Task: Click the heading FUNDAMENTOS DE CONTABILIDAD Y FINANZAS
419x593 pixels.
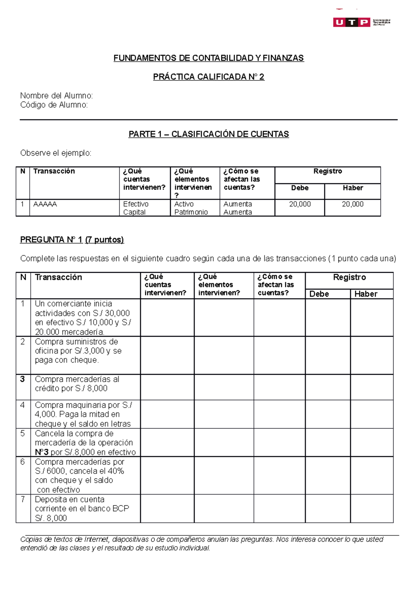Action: (x=208, y=58)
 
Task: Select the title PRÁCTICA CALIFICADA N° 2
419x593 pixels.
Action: (x=208, y=77)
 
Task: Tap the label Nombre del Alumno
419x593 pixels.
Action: (x=57, y=95)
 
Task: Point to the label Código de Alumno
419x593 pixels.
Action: (x=54, y=105)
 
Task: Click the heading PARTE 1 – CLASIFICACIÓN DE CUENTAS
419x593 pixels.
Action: (x=208, y=134)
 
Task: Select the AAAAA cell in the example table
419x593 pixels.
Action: (x=45, y=204)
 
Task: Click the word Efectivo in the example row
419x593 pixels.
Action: (x=136, y=204)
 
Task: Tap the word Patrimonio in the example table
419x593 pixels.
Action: (x=191, y=212)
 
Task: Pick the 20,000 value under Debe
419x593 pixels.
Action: (x=300, y=204)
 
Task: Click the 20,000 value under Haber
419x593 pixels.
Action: (x=352, y=204)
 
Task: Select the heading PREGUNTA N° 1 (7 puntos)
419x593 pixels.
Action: (x=72, y=240)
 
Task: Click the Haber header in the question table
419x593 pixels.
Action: (x=366, y=294)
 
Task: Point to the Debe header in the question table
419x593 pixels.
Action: (x=319, y=294)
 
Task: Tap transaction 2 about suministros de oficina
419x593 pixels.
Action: (x=78, y=351)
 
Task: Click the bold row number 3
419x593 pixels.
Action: (x=22, y=379)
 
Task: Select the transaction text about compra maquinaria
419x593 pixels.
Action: (x=83, y=414)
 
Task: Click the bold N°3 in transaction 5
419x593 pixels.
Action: (x=42, y=452)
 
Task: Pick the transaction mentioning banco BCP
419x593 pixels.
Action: (x=82, y=508)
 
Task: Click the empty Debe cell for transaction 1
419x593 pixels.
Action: (x=328, y=317)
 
